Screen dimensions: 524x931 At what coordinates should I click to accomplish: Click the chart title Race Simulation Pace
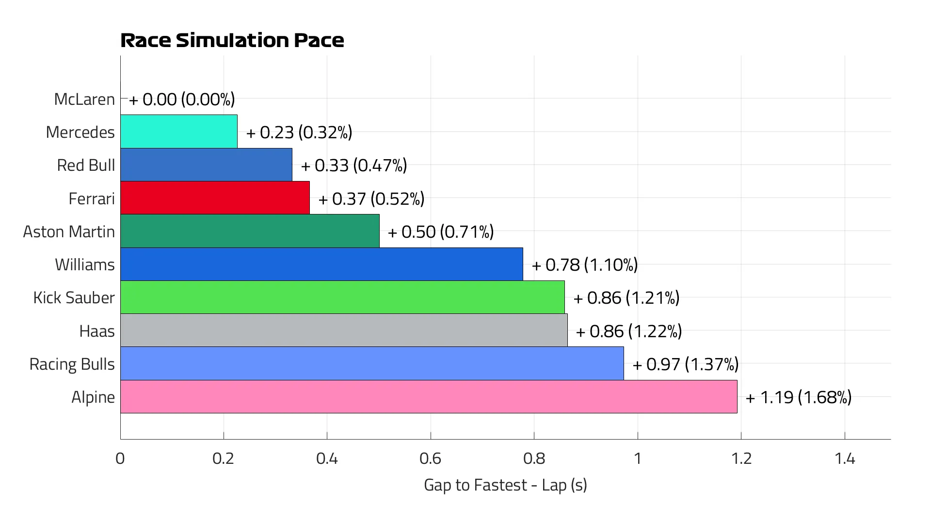232,40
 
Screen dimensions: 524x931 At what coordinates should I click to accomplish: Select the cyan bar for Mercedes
178,131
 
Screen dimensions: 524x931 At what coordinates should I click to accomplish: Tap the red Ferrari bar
215,198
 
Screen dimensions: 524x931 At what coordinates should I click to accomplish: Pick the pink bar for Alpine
429,397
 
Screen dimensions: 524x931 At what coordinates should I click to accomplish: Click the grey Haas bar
344,330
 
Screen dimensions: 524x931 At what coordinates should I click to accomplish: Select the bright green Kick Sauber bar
342,297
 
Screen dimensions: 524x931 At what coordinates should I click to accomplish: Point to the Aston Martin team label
69,231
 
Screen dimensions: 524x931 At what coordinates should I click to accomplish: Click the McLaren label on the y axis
84,99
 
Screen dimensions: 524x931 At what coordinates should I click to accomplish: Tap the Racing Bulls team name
72,364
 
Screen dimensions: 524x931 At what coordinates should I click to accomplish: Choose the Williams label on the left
85,264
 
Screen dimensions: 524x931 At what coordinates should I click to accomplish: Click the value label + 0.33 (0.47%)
354,165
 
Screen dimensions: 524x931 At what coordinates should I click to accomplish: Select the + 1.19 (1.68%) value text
799,397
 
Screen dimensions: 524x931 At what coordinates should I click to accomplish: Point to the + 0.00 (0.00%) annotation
182,99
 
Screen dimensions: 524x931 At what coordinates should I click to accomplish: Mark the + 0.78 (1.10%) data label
585,264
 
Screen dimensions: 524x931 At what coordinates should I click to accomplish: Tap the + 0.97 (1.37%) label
686,364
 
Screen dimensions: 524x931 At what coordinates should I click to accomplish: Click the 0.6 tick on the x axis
430,458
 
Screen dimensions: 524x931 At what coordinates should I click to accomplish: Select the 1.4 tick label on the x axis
844,458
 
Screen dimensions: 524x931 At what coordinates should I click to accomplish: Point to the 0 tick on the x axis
120,458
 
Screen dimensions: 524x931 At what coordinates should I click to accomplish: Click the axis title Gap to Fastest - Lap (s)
505,485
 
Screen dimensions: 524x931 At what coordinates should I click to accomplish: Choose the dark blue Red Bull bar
206,165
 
